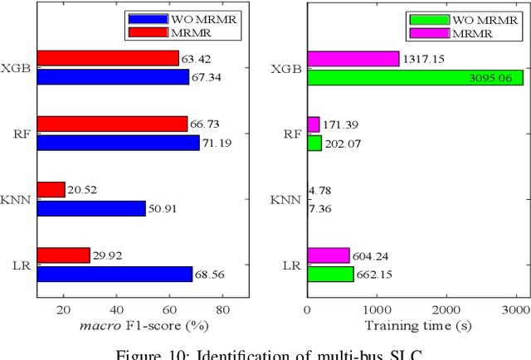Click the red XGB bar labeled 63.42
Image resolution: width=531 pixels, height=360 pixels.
coord(108,58)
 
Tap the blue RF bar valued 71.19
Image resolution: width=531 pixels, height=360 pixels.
coord(118,143)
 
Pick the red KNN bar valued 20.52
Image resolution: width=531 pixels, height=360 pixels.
coord(51,189)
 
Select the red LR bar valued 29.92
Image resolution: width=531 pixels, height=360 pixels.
coord(64,255)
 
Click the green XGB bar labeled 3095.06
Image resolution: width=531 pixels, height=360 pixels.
coord(415,77)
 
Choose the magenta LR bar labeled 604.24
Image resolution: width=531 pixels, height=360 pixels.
coord(329,255)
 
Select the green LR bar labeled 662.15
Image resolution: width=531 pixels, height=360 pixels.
coord(330,274)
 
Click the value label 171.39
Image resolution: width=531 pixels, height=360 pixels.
coord(342,124)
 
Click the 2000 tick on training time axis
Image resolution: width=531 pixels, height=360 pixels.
coord(446,309)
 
